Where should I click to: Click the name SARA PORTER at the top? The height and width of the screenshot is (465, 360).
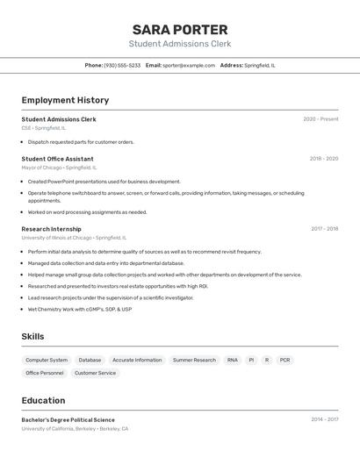click(180, 29)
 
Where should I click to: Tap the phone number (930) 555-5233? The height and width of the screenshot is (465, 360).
click(122, 65)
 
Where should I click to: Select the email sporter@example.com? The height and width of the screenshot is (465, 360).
click(189, 65)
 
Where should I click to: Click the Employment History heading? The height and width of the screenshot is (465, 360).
click(65, 100)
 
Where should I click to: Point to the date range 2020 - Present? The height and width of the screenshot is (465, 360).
click(320, 119)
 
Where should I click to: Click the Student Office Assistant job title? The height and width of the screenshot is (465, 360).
click(57, 159)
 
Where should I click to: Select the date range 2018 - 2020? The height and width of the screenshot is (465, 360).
click(323, 159)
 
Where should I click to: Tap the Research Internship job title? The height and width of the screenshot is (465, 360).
click(51, 229)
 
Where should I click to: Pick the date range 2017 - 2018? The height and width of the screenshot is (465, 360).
click(324, 229)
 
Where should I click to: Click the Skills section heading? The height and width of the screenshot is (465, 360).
click(32, 337)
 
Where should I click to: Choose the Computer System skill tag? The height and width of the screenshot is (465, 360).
click(47, 360)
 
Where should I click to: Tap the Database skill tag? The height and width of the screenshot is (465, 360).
click(90, 360)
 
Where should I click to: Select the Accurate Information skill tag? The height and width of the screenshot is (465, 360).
click(137, 360)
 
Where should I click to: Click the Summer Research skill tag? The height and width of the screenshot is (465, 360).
click(194, 360)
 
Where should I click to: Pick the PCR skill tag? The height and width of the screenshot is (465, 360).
click(284, 360)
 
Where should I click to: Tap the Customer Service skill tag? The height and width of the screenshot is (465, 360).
click(95, 373)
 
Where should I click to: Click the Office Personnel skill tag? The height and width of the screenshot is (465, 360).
click(45, 373)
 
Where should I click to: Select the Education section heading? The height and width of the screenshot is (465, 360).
click(43, 400)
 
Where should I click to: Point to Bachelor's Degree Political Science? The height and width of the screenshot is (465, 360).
click(68, 419)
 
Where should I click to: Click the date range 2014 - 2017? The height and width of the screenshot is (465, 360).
click(324, 419)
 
